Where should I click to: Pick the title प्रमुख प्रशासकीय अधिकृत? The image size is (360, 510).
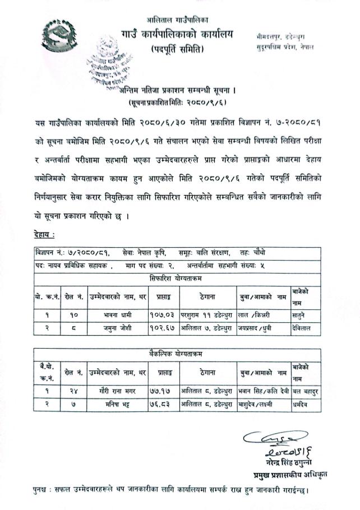287,474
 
